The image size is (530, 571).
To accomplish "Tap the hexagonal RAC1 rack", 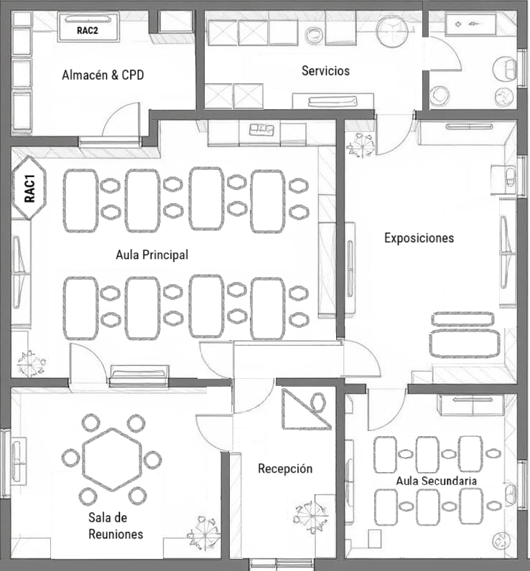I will [29, 189].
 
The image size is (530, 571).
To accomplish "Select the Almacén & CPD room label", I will [103, 75].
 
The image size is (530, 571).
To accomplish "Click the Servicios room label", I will [325, 70].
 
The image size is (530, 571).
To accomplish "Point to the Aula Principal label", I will [152, 255].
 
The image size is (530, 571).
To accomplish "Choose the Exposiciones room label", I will [419, 237].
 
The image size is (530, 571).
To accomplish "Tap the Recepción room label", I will [285, 468].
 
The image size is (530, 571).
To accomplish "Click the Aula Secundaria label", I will [437, 480].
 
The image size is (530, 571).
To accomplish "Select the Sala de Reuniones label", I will [115, 525].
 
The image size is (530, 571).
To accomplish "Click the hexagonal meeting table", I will [111, 459].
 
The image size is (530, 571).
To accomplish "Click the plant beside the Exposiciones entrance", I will [359, 146].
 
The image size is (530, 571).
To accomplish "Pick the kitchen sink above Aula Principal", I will [262, 129].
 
